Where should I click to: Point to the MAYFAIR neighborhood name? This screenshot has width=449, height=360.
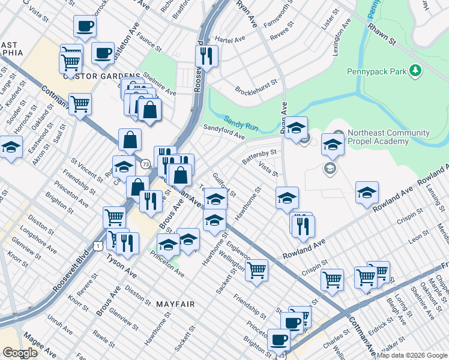[175, 304]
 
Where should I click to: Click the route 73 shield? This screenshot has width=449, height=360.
[145, 164]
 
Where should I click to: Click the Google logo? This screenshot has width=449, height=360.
[20, 353]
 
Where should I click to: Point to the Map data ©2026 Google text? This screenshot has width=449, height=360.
[412, 355]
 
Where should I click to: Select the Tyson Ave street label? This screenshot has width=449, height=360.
[122, 266]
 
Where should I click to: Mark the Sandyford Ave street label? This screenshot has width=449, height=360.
[224, 132]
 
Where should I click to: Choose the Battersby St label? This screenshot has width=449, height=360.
[259, 157]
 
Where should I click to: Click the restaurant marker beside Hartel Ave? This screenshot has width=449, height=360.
[206, 56]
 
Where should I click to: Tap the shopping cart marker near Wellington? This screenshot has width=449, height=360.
[256, 269]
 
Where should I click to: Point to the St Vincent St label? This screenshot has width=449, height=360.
[87, 169]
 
